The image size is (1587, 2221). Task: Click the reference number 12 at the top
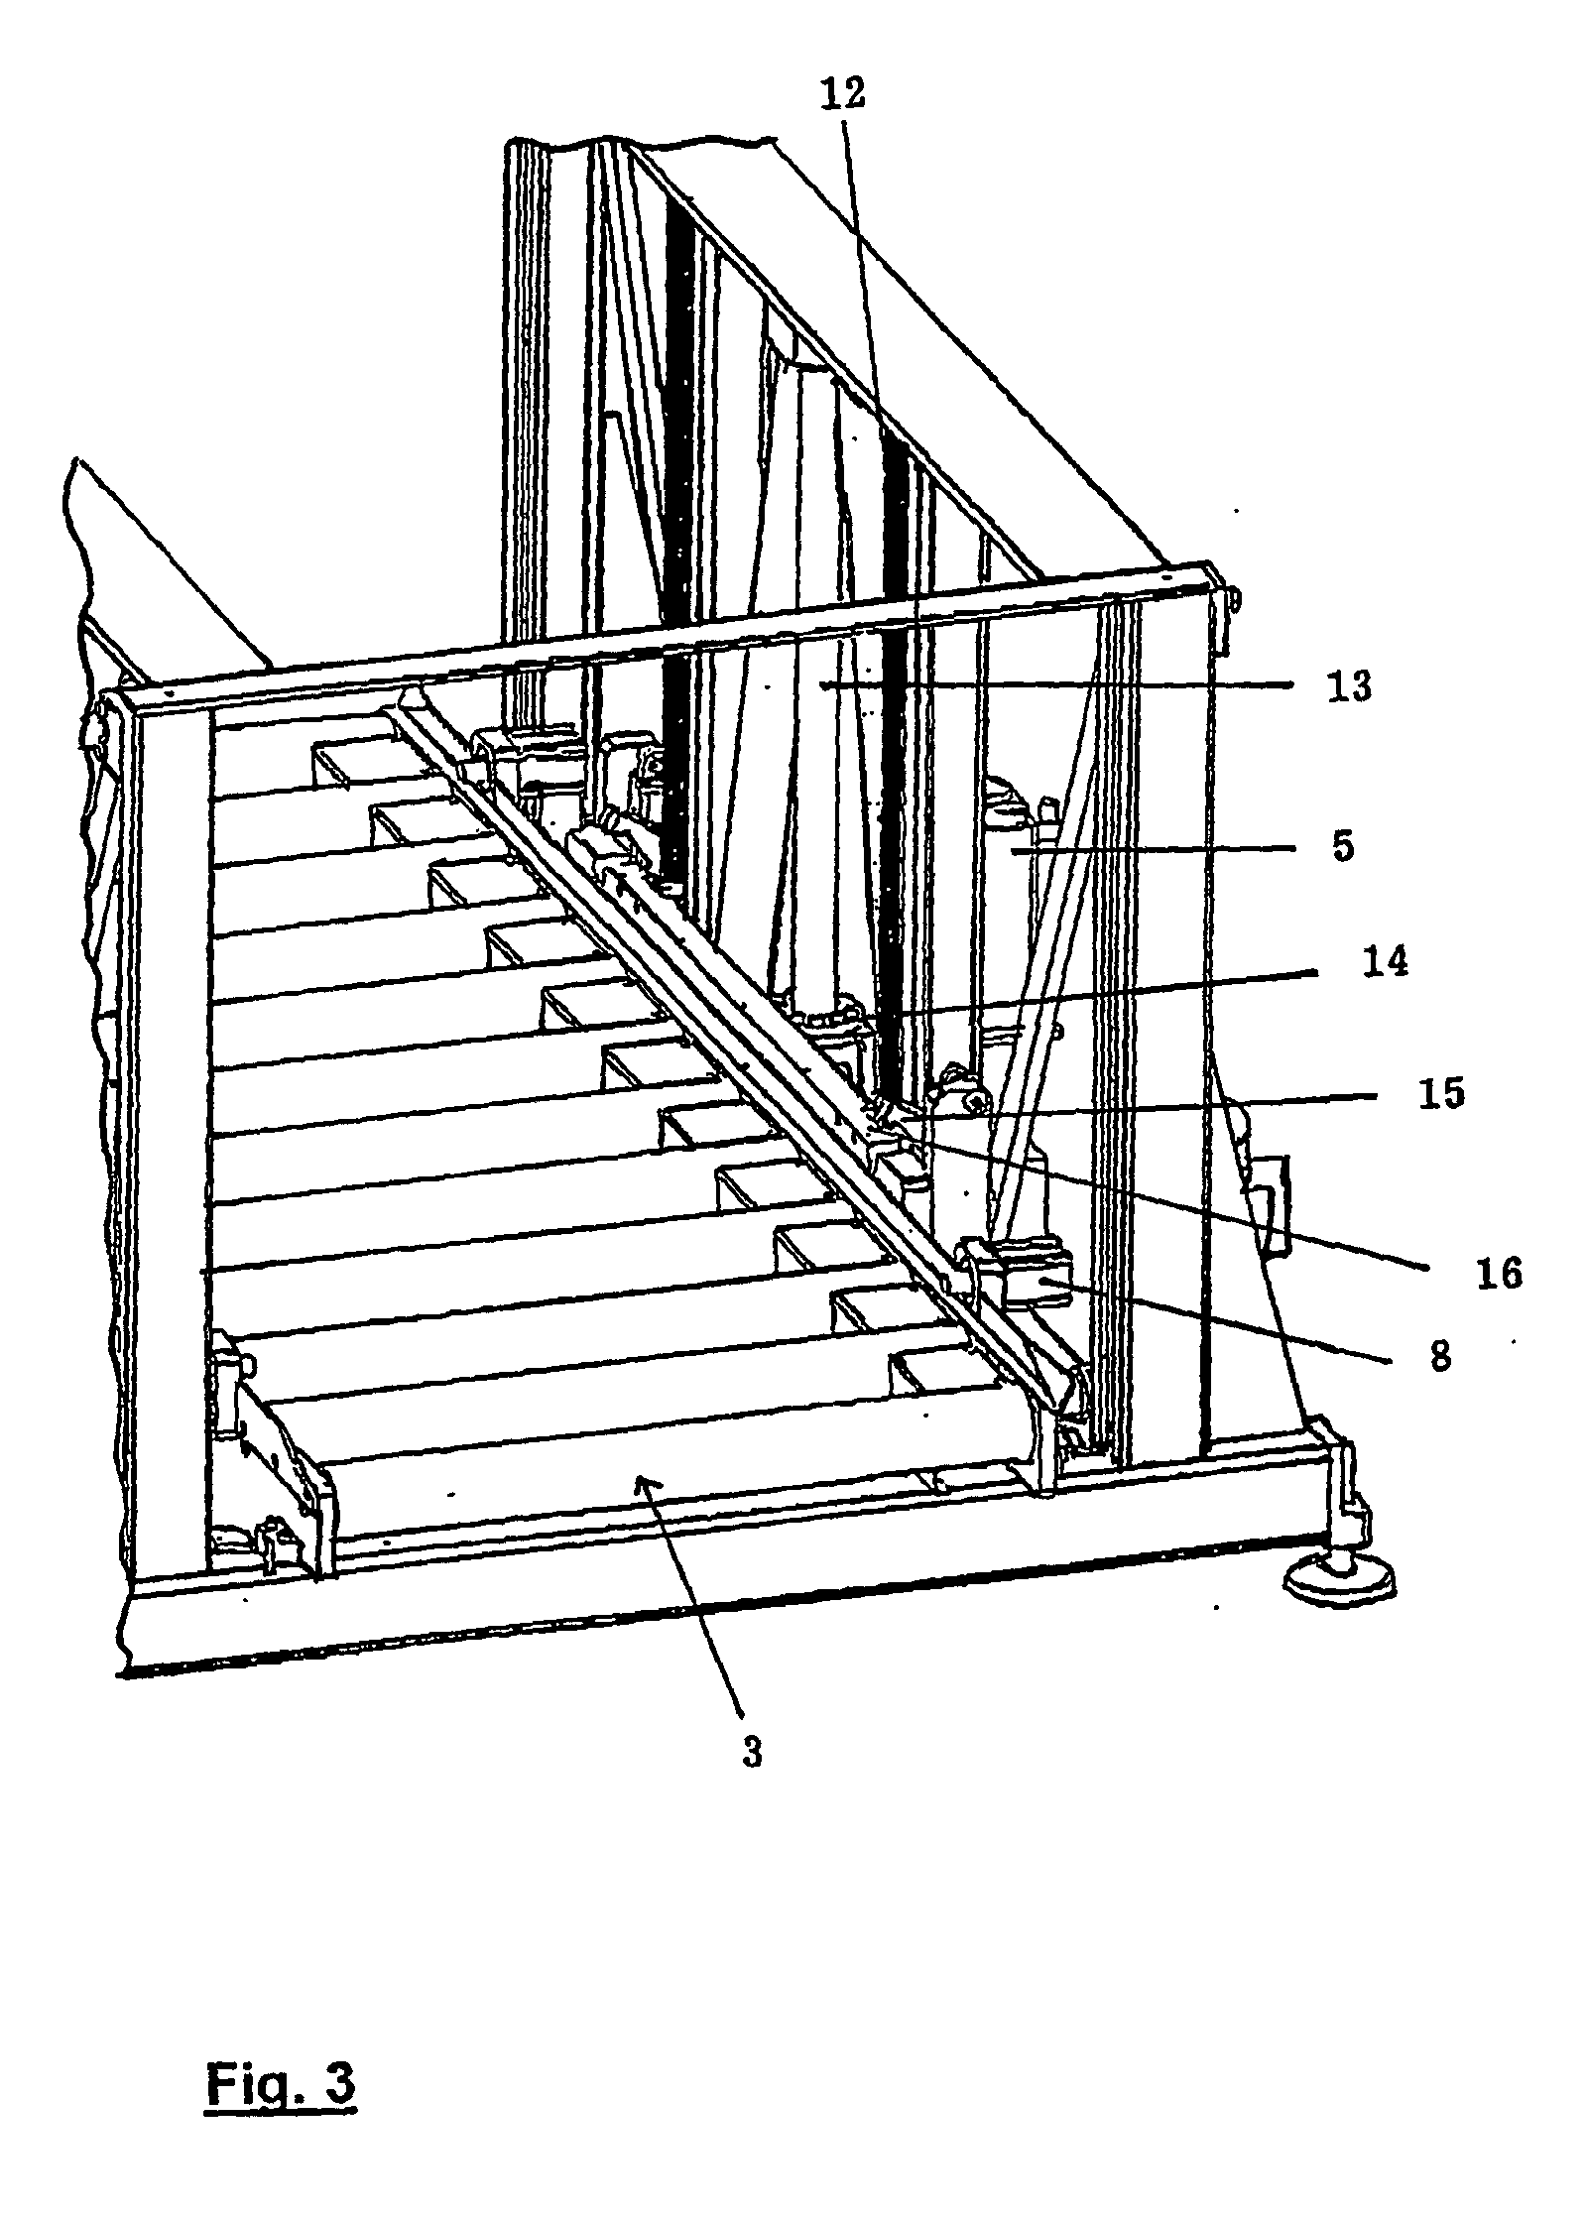[x=842, y=93]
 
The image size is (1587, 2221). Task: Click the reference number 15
[x=1441, y=1094]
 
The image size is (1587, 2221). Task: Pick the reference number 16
[x=1498, y=1273]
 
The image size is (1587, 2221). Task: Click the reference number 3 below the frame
[x=753, y=1753]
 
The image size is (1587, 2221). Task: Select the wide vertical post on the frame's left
[x=170, y=1141]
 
